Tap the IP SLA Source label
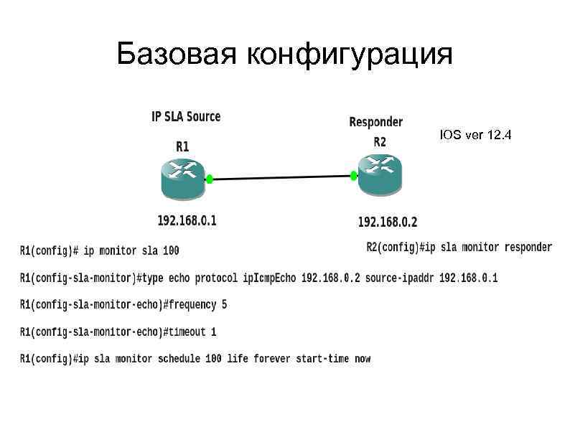coord(186,116)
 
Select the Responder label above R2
coord(375,123)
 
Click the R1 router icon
coord(182,177)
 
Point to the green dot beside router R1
coord(210,179)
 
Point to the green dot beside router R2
coord(354,175)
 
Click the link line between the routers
coord(281,177)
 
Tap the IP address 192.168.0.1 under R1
coord(187,220)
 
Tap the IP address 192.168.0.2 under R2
coord(387,222)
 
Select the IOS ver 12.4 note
coord(476,135)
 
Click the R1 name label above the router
coord(182,146)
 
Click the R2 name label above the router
coord(380,142)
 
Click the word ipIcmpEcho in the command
coord(269,278)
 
